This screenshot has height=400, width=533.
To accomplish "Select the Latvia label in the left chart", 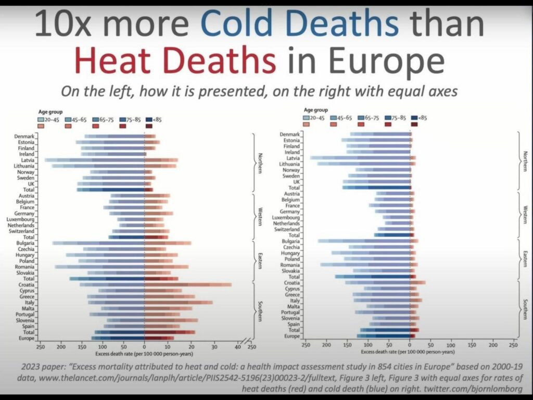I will [27, 160].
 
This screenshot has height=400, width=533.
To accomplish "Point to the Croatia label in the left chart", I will [26, 284].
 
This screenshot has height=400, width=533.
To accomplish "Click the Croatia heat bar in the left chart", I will [187, 285].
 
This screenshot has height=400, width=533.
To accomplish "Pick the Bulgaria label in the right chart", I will [290, 241].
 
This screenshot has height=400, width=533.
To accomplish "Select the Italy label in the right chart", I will [294, 301].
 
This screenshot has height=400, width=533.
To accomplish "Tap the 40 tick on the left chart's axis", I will [237, 346].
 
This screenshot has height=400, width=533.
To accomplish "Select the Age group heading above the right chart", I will [316, 110].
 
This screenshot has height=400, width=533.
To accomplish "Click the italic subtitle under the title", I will [259, 91].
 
